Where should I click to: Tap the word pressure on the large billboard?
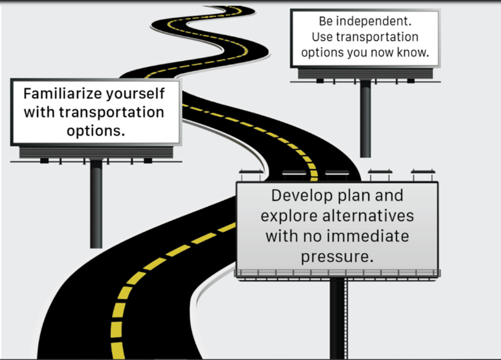point(337,258)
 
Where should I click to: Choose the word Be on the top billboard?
point(327,22)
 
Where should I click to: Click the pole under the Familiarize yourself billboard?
point(96,204)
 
